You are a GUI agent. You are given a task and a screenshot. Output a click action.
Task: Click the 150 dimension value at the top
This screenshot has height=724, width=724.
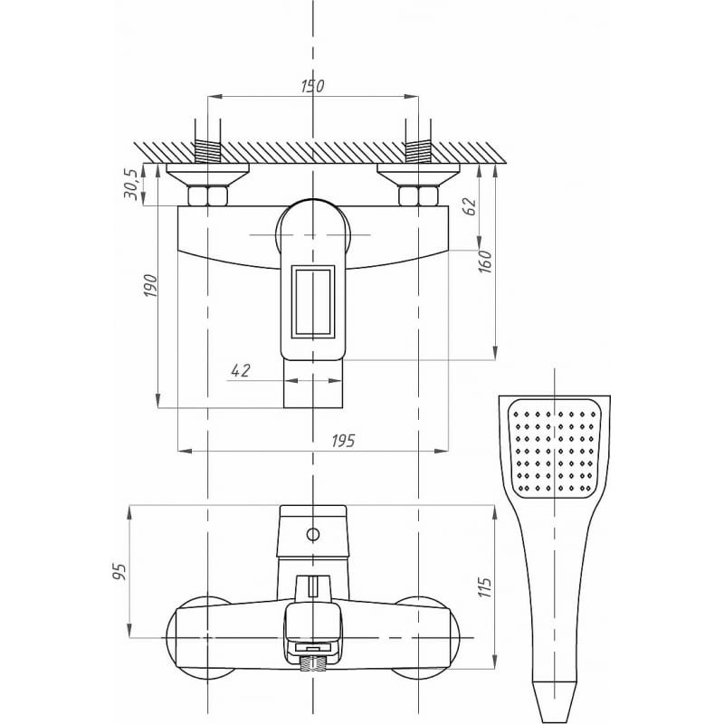312,86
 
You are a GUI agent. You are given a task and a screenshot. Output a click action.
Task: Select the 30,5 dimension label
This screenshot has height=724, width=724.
131,185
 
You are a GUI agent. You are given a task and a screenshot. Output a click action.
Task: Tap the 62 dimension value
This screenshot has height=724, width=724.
469,206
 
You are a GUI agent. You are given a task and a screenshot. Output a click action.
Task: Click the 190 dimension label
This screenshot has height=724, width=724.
150,285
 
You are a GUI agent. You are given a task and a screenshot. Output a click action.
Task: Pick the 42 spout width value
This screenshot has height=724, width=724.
240,370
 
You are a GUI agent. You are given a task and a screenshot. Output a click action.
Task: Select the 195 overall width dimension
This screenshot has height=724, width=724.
344,441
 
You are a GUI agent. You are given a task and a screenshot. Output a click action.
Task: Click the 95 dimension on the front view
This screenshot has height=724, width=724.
120,572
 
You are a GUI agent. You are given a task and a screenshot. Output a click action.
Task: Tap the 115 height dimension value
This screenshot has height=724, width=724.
485,587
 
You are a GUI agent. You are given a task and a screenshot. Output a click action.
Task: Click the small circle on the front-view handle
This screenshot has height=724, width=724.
313,535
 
